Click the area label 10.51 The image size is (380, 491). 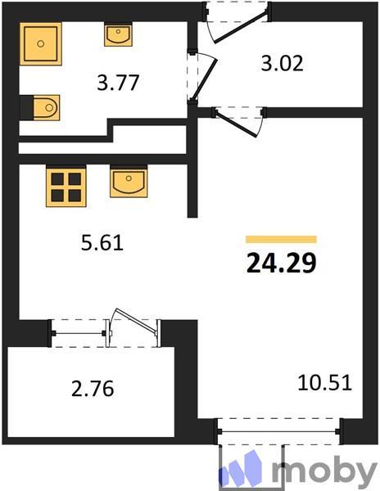[324, 381]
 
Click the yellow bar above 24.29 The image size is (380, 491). [281, 239]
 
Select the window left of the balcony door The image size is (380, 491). [80, 332]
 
